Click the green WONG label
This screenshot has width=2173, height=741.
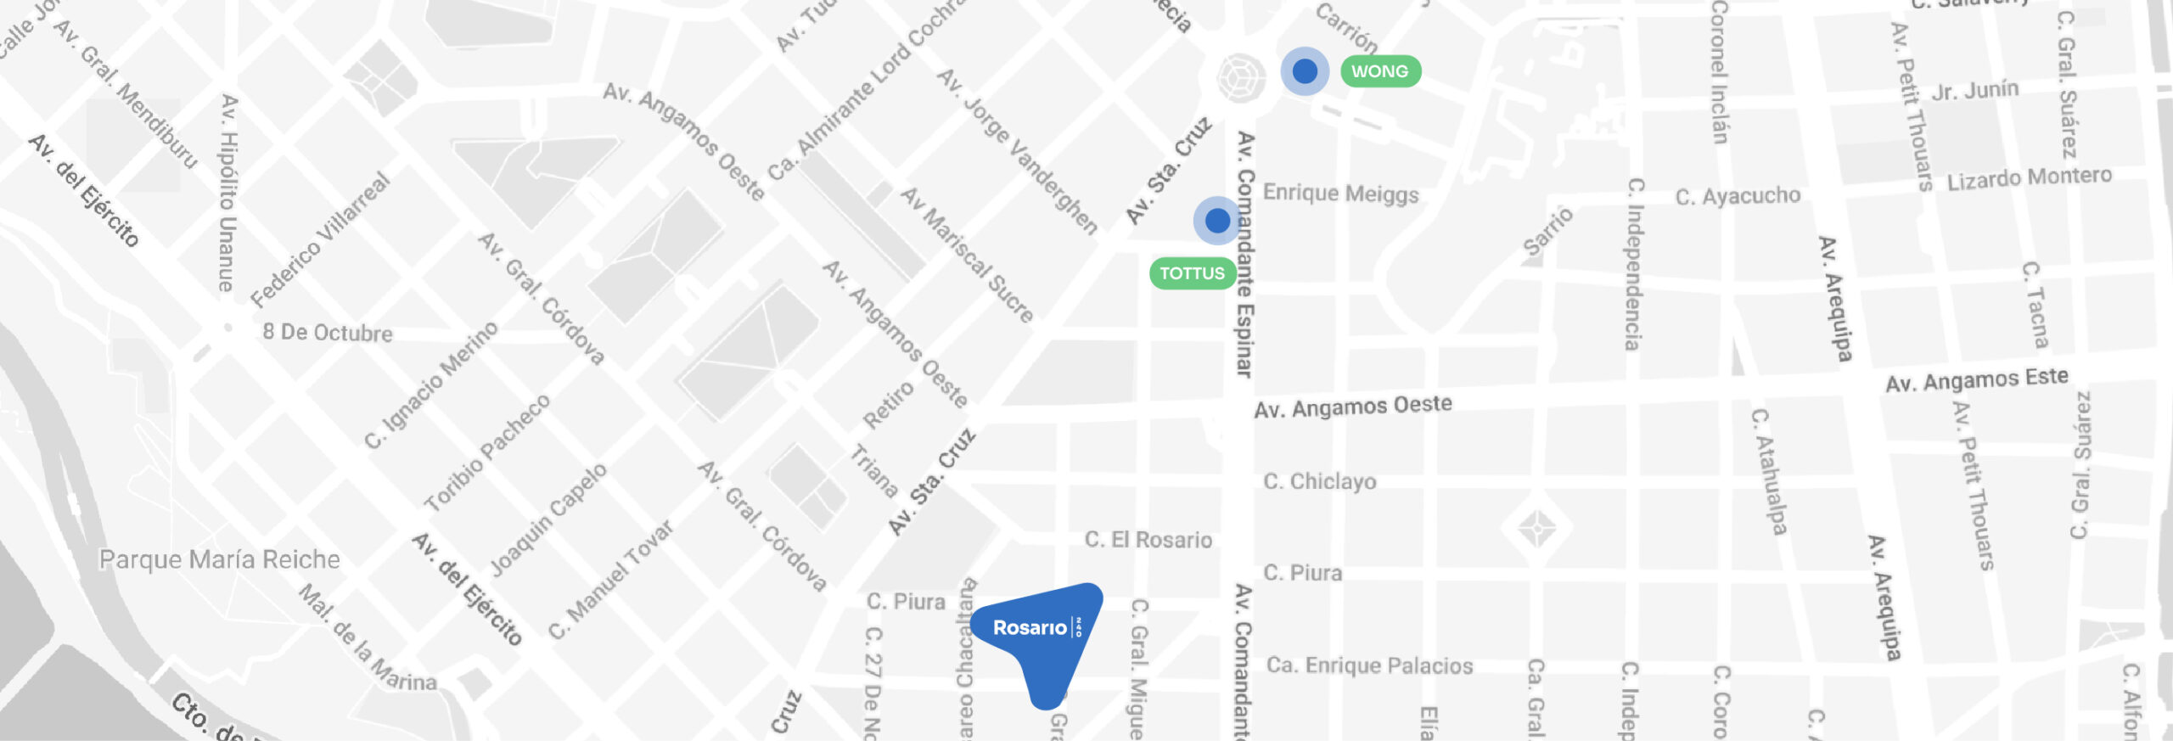click(x=1379, y=71)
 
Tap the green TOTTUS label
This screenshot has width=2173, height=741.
click(x=1192, y=273)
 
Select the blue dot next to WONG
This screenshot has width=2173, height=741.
click(x=1305, y=71)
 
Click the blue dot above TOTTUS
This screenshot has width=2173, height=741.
click(x=1217, y=221)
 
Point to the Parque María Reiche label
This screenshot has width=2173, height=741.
click(x=219, y=559)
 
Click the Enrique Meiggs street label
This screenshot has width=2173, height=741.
click(x=1340, y=194)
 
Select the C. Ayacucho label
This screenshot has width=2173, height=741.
click(x=1737, y=196)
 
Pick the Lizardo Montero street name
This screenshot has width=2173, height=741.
click(x=2029, y=178)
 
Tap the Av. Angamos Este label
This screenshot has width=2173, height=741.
click(x=1976, y=380)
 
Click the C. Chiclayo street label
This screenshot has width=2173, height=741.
click(x=1319, y=481)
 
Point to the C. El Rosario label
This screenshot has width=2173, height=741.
click(x=1148, y=540)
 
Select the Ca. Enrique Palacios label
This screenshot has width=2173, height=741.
click(x=1369, y=665)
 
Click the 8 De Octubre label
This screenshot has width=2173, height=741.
click(x=327, y=332)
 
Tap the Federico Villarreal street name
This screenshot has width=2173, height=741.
click(x=321, y=240)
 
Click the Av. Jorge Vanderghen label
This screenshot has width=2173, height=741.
click(x=1018, y=151)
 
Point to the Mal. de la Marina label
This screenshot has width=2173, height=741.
click(x=368, y=637)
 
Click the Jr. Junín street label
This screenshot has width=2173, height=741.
click(x=1974, y=90)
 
